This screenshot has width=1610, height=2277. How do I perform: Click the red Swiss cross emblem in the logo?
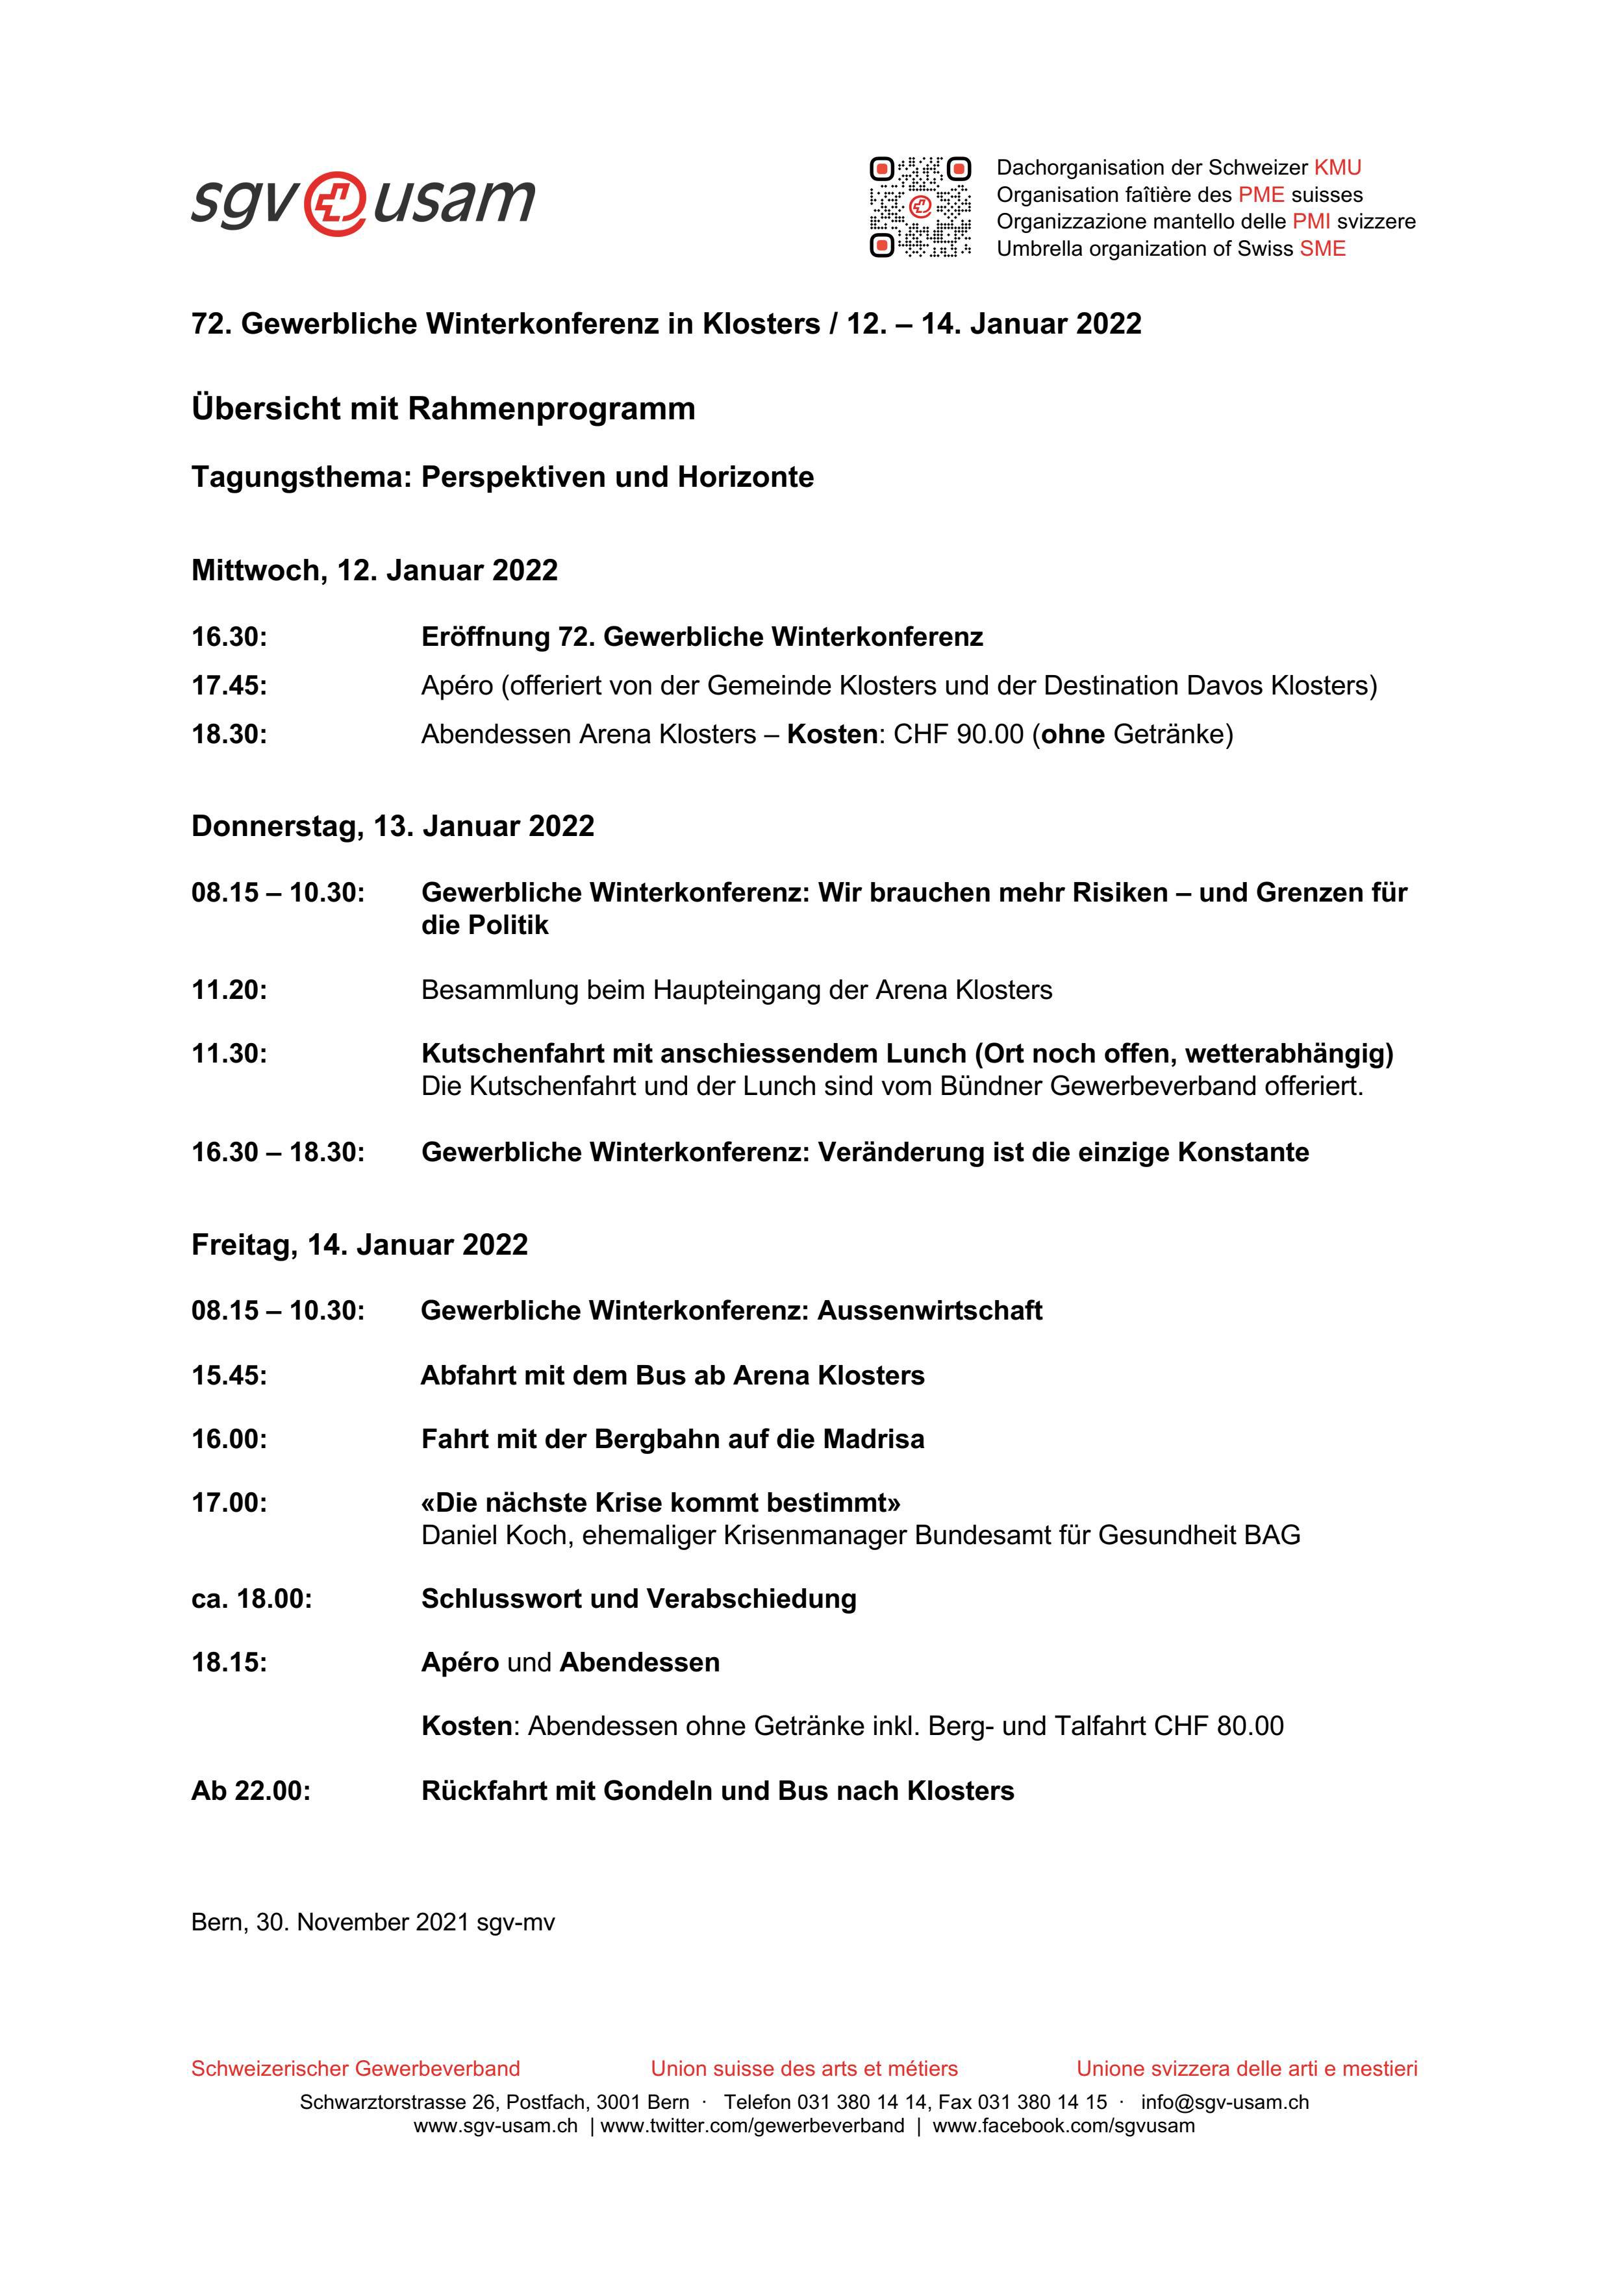coord(334,204)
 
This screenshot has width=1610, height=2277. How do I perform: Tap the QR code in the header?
coord(920,207)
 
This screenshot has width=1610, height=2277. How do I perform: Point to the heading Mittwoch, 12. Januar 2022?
coord(374,571)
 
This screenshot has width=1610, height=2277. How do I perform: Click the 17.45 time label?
coord(229,685)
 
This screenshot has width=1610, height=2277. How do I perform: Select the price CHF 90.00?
coord(958,735)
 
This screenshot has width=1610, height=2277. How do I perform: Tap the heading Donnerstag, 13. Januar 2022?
coord(393,826)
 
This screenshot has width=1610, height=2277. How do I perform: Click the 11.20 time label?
coord(229,990)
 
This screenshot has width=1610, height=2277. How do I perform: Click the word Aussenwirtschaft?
coord(929,1311)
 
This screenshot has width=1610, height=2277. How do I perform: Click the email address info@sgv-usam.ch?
coord(1224,2102)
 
